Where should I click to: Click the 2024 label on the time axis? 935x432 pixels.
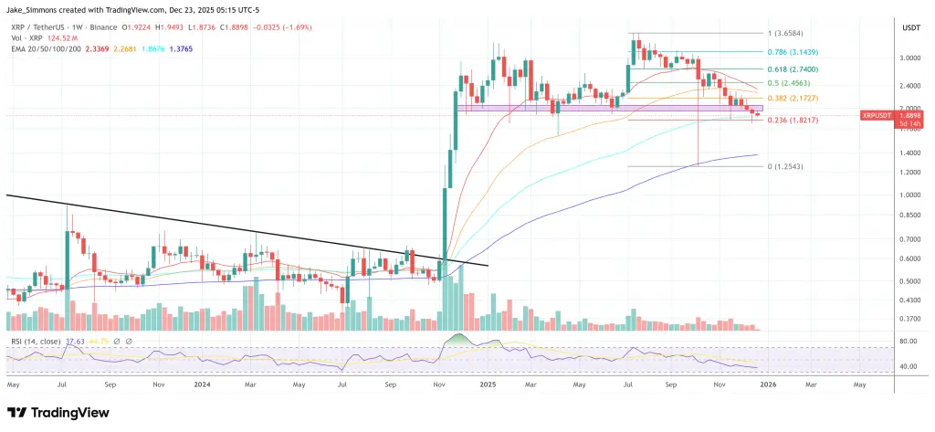coord(202,385)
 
